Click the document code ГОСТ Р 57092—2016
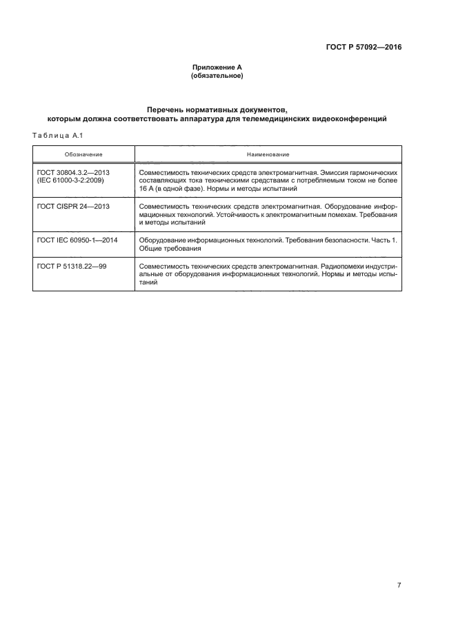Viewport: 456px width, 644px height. [364, 48]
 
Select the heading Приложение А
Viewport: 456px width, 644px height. [217, 67]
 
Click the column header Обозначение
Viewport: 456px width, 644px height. [83, 154]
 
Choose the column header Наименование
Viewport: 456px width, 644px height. [268, 154]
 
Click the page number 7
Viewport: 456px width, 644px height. [399, 585]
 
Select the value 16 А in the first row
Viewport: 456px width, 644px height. [148, 187]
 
